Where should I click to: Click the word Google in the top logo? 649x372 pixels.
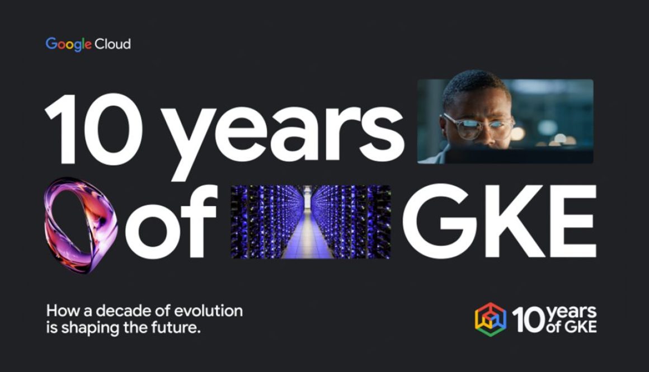68,44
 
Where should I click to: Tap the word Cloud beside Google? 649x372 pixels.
112,44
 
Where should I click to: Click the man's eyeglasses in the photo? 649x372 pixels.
476,126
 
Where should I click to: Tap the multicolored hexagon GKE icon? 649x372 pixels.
490,319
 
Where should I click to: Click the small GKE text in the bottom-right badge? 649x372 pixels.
579,327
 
